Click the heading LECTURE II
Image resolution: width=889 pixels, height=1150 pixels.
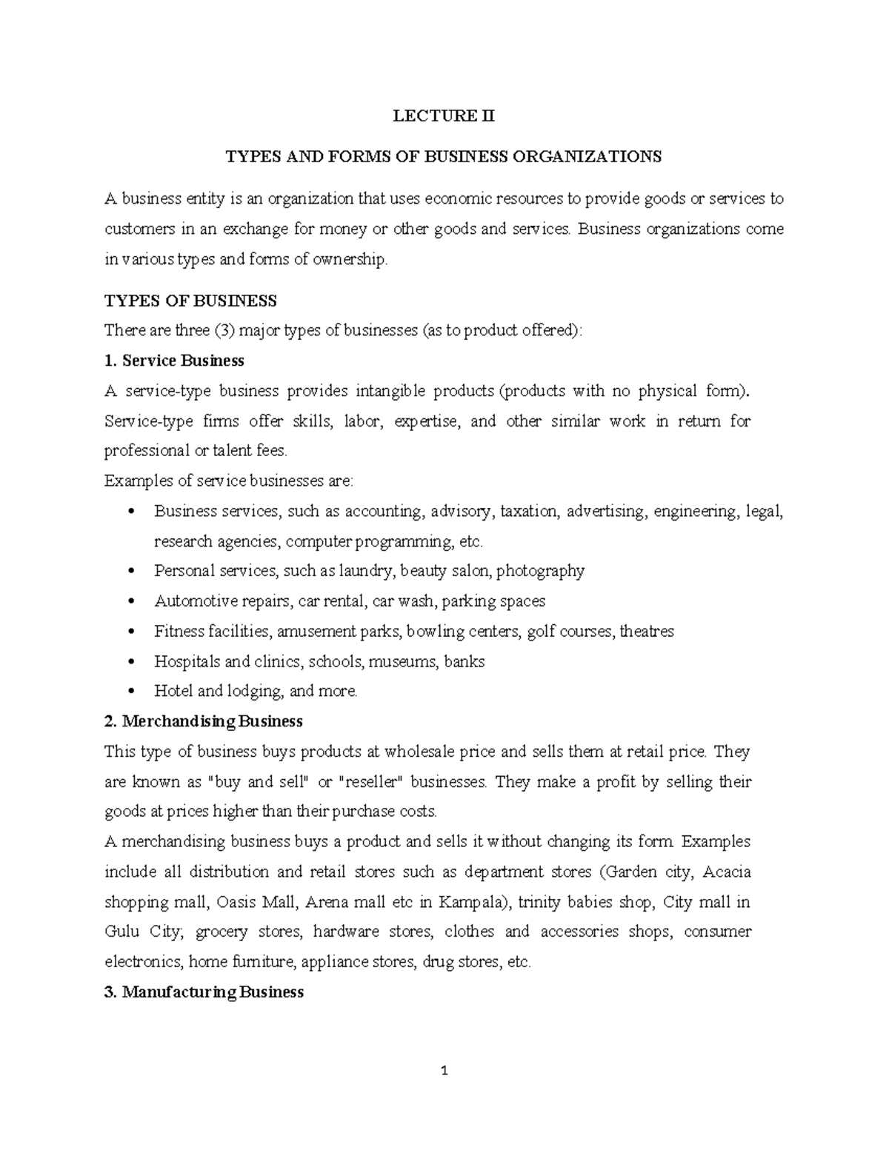point(444,116)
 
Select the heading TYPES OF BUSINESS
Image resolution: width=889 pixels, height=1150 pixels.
point(190,301)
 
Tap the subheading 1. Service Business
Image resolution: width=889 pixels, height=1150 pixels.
point(174,361)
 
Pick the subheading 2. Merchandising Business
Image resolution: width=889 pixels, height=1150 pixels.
point(204,721)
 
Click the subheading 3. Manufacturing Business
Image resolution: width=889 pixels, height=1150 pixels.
point(204,992)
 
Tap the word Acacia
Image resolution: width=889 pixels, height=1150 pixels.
point(726,872)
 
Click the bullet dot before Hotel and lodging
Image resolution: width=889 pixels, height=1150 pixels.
point(132,692)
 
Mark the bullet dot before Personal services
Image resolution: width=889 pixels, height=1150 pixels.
point(132,571)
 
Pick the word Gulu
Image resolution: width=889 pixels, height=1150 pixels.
point(122,932)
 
